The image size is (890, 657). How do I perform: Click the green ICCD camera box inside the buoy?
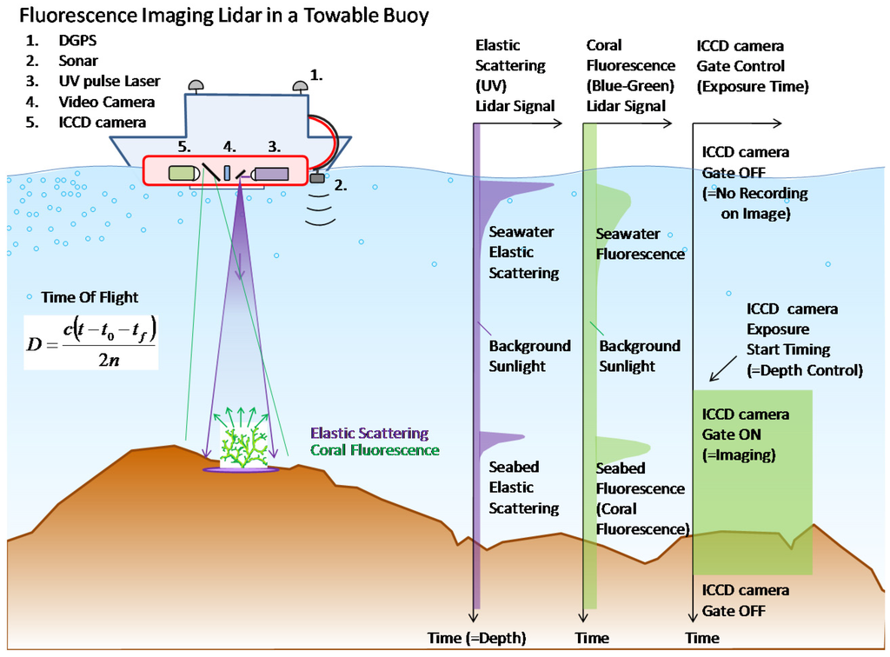coord(183,172)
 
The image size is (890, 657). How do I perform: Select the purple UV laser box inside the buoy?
coord(270,173)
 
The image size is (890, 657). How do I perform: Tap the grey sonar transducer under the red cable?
coord(316,179)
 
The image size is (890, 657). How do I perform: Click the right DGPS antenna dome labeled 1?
coord(300,85)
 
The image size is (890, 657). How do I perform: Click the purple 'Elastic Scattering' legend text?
coord(369,433)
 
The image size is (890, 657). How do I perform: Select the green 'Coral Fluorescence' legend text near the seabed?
coord(375,450)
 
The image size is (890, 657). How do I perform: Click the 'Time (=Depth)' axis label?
coord(477,638)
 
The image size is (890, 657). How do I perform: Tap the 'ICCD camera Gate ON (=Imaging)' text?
coord(746,435)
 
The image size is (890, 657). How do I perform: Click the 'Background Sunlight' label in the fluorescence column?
coord(640,356)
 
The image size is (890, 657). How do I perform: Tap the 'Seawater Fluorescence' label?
coord(640,244)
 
